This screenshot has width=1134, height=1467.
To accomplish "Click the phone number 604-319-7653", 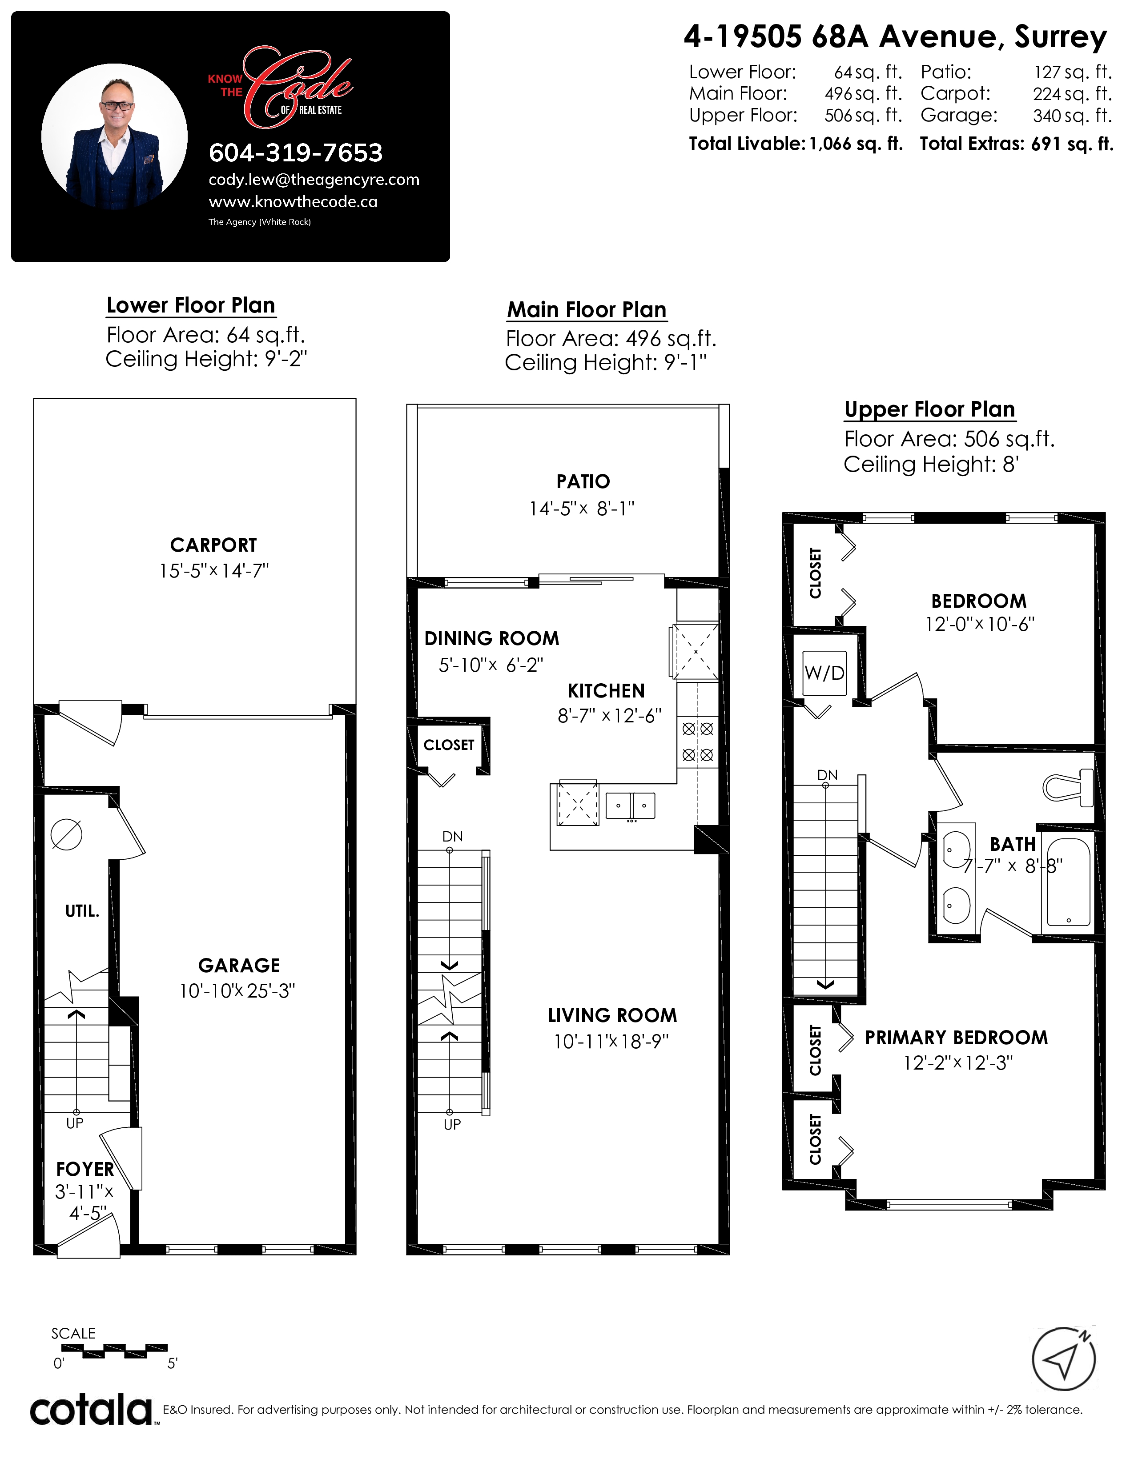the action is [x=296, y=153].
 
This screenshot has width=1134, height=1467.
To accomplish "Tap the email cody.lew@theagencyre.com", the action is [x=314, y=180].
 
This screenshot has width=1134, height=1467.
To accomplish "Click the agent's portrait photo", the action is [x=115, y=136].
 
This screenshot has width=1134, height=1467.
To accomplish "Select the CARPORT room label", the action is [x=213, y=545].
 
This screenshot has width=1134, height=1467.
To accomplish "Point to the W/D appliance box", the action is [x=825, y=673].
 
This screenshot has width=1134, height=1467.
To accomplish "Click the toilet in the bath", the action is [x=1068, y=787].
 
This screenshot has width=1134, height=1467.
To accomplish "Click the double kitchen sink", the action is [x=630, y=806].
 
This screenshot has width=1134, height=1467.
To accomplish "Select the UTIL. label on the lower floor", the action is [x=82, y=911].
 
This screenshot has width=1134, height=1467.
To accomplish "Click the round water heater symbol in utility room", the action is [x=67, y=835].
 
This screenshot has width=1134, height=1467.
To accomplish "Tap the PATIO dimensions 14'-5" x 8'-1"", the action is [x=582, y=509].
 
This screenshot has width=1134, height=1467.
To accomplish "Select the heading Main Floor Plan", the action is [x=587, y=310].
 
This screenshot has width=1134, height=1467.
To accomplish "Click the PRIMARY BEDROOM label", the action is [x=956, y=1038].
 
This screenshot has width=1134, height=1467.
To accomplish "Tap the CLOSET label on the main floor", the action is [x=449, y=745].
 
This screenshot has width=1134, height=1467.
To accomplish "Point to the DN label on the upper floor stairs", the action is [x=828, y=775].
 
